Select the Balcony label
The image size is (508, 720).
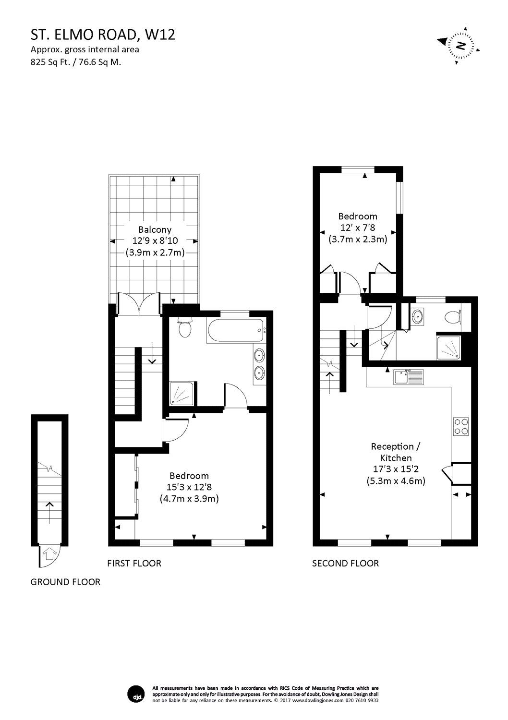coord(155,229)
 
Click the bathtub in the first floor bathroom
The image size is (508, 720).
coord(236,330)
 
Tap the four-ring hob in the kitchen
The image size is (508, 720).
coord(461,426)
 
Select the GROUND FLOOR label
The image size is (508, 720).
coord(65,582)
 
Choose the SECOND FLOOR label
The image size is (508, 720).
coord(345,563)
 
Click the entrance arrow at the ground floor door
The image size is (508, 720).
coord(49,554)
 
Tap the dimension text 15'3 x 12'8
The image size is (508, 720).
coord(189,487)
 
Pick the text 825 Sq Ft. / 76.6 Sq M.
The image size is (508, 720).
coord(76,62)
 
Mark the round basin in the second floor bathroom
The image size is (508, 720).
coord(417,316)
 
